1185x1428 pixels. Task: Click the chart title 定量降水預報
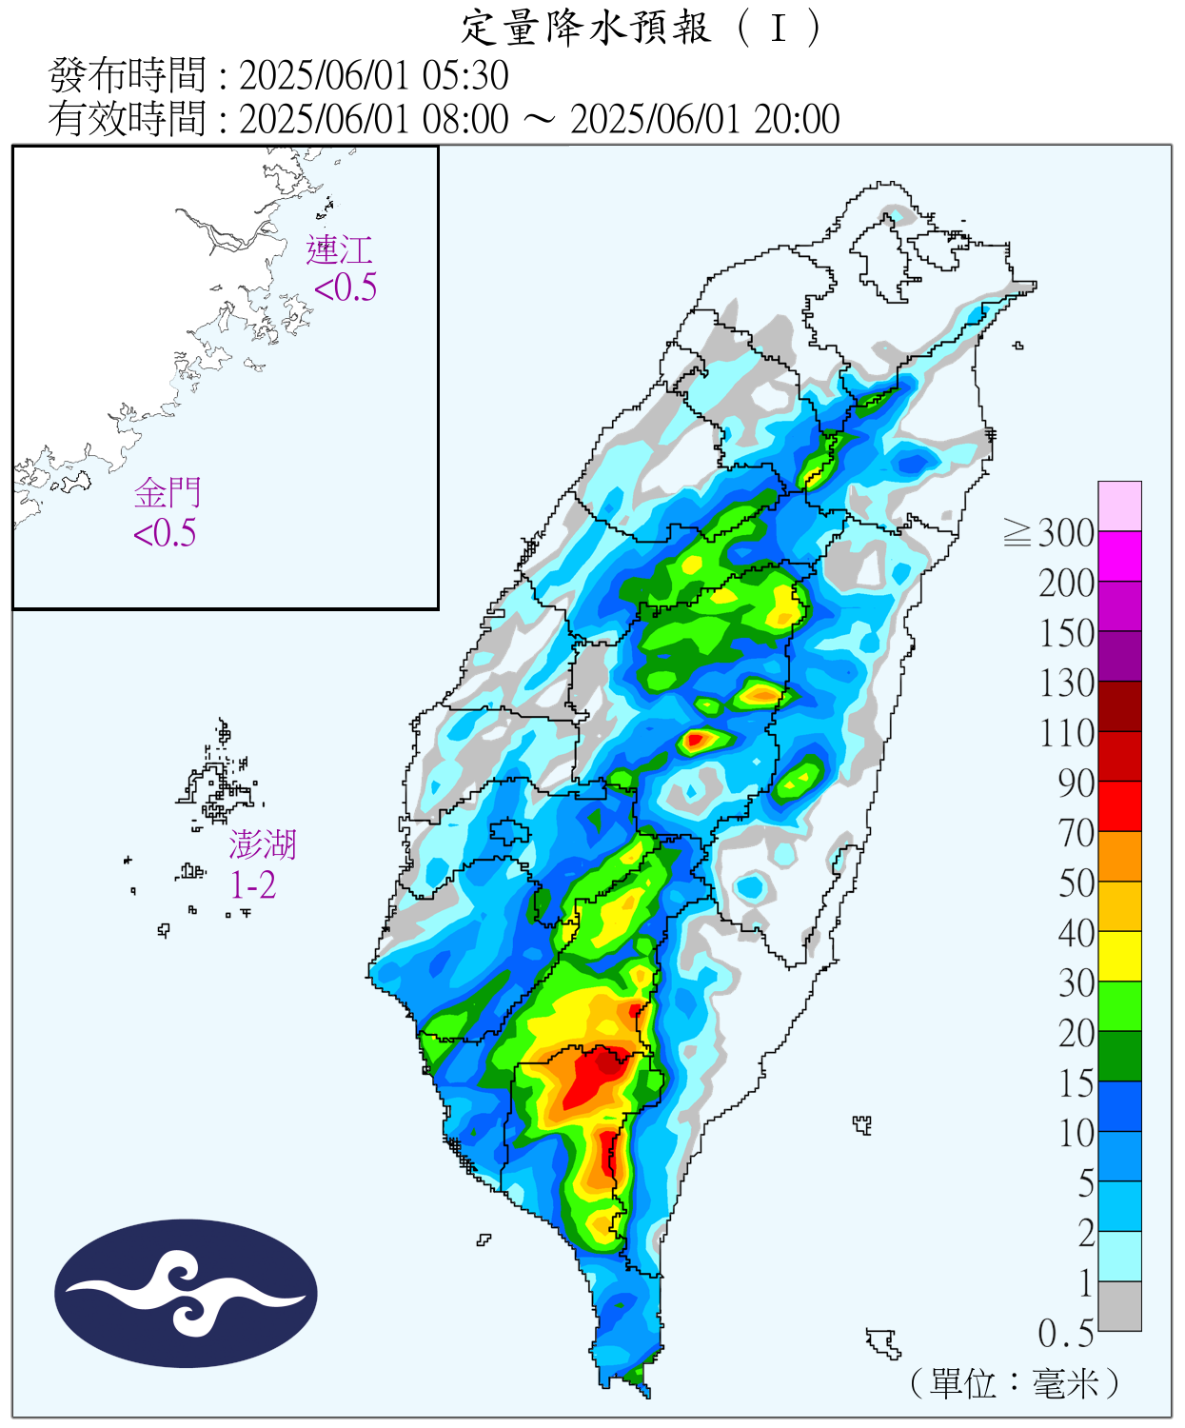586,28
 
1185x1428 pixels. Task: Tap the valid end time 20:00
797,120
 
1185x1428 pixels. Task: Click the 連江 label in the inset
339,250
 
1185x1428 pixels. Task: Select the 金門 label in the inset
168,493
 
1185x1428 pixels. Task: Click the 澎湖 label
263,844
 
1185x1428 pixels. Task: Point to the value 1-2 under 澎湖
253,885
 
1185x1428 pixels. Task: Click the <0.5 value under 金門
165,533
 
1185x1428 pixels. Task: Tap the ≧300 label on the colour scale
1051,533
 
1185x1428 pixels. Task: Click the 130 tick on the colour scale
1067,684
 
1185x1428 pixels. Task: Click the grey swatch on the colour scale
1119,1306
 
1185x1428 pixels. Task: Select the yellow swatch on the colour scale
1119,956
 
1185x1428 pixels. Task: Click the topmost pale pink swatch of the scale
1119,506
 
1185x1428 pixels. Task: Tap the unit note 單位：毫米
1015,1383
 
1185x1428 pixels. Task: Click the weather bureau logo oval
186,1293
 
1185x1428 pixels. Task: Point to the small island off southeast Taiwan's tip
884,1342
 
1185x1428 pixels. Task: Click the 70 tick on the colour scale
1077,833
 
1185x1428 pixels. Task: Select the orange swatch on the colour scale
1119,856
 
